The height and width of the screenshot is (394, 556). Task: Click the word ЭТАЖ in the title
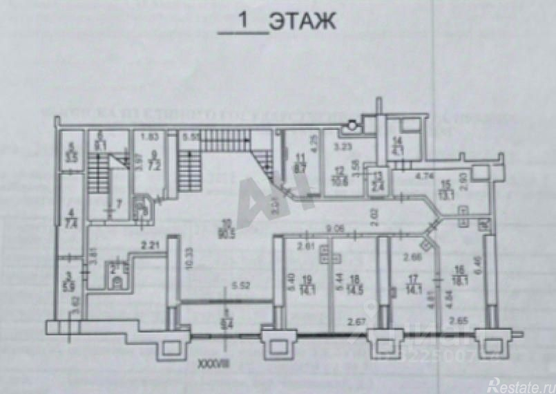click(x=303, y=22)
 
